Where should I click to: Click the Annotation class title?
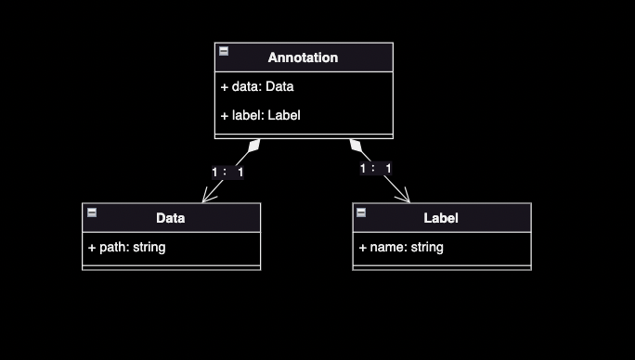coord(303,58)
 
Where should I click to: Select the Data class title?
coord(171,218)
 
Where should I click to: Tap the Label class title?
coord(441,218)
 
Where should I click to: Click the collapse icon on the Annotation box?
coord(224,51)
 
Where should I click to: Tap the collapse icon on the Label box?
coord(361,212)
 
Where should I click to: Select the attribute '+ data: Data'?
coord(257,86)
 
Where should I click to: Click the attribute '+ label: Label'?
coord(260,115)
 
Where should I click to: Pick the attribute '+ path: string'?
coord(127,248)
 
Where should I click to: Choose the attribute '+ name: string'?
coord(401,248)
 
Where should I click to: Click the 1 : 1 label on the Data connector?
coord(227,173)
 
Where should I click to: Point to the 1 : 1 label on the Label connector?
coord(376,169)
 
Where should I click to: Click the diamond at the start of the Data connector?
coord(254,146)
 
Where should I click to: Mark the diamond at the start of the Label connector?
coord(356,146)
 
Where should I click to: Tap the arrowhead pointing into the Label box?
coord(404,196)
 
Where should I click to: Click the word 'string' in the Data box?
coord(149,248)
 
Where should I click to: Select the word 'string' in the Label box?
coord(427,248)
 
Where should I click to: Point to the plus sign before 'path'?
coord(92,248)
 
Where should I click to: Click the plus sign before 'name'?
coord(362,248)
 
